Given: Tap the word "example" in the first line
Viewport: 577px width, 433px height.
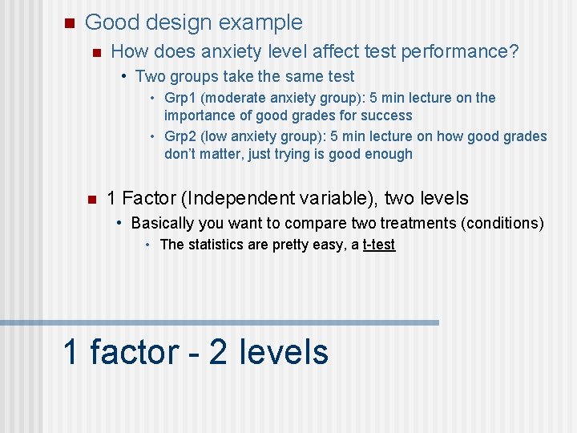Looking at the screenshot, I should (x=260, y=22).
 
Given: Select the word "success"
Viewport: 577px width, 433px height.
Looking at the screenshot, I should (x=388, y=115).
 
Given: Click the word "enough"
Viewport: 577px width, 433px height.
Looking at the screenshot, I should (x=387, y=154).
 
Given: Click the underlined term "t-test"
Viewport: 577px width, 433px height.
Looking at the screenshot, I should (x=378, y=245).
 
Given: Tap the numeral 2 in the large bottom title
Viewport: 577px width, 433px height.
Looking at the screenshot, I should (x=218, y=353).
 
